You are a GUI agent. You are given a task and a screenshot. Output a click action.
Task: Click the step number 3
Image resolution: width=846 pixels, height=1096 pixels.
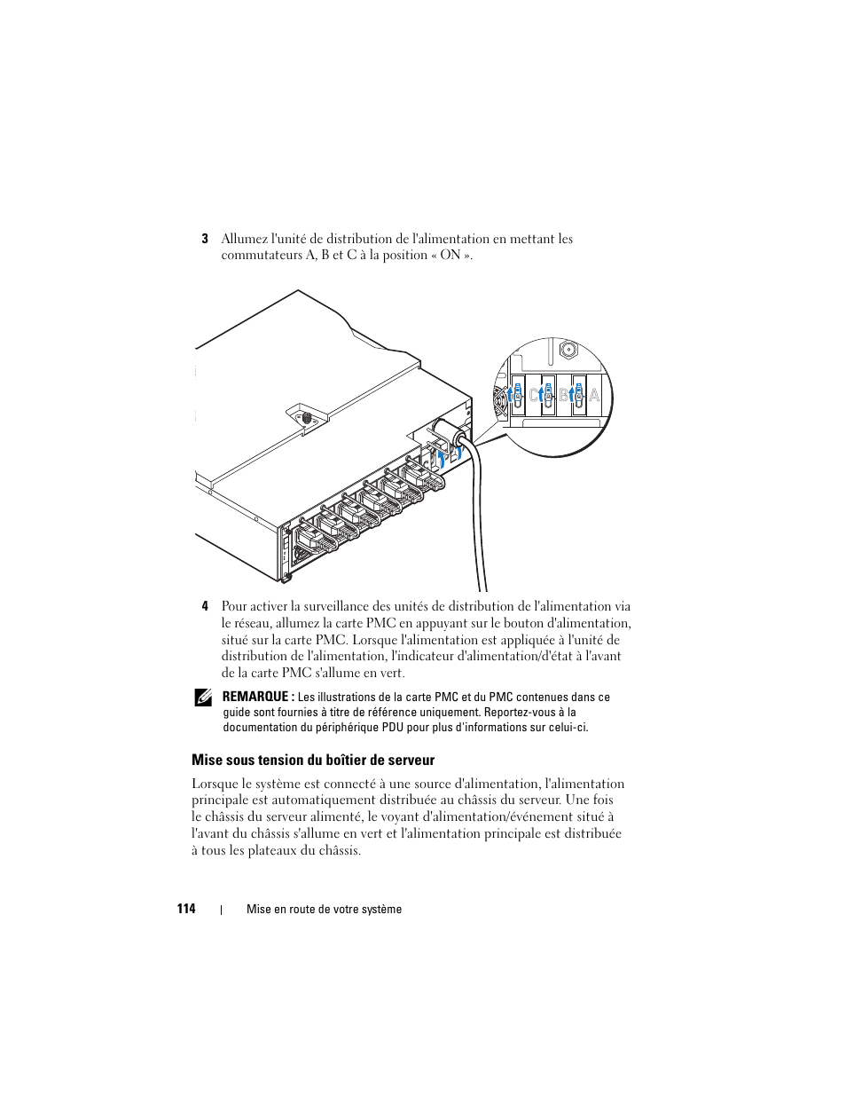pos(204,239)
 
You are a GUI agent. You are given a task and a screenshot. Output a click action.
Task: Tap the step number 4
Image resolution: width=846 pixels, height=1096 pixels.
pos(204,607)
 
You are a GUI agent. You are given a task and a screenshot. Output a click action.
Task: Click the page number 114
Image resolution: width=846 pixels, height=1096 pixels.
pos(185,909)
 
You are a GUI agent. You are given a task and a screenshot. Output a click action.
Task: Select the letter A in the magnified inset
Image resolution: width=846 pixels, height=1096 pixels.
pos(594,396)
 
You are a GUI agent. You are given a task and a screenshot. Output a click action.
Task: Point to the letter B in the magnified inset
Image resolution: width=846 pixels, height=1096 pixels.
pos(564,396)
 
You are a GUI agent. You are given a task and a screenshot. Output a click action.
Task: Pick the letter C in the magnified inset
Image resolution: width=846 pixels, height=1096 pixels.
pos(534,396)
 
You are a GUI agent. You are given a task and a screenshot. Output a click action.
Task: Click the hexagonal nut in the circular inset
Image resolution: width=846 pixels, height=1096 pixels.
pos(567,350)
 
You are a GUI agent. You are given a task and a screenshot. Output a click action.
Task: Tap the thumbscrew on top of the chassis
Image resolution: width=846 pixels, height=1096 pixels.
pos(305,415)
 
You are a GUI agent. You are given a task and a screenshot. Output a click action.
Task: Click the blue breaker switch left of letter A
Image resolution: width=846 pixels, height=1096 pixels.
pos(578,395)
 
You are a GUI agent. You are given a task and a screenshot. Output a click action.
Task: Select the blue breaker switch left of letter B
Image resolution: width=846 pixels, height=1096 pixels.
pos(548,396)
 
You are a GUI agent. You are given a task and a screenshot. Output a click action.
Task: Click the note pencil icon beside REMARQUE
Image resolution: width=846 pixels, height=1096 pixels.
pos(203,698)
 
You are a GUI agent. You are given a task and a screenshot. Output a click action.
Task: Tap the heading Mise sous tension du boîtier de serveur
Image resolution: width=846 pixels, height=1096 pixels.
pos(313,761)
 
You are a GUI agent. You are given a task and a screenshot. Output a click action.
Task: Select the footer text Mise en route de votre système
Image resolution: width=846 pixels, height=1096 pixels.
pos(324,910)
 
